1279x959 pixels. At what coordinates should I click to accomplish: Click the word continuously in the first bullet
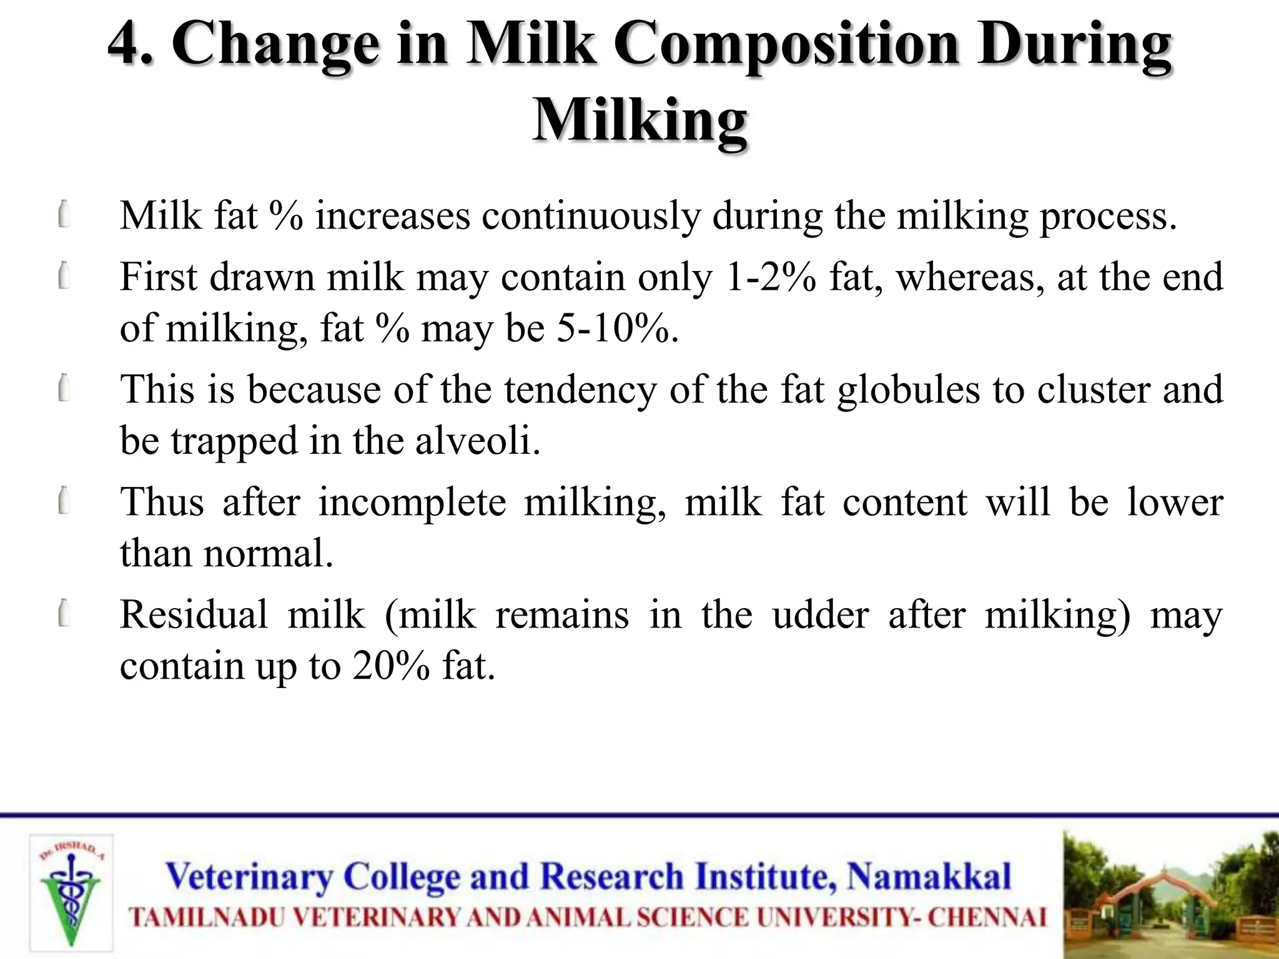pos(591,216)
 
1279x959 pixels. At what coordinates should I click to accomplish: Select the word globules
pos(909,390)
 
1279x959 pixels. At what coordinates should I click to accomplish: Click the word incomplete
pos(412,503)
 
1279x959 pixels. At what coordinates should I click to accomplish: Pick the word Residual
pos(194,614)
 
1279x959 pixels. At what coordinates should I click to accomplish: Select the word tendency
pos(580,390)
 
